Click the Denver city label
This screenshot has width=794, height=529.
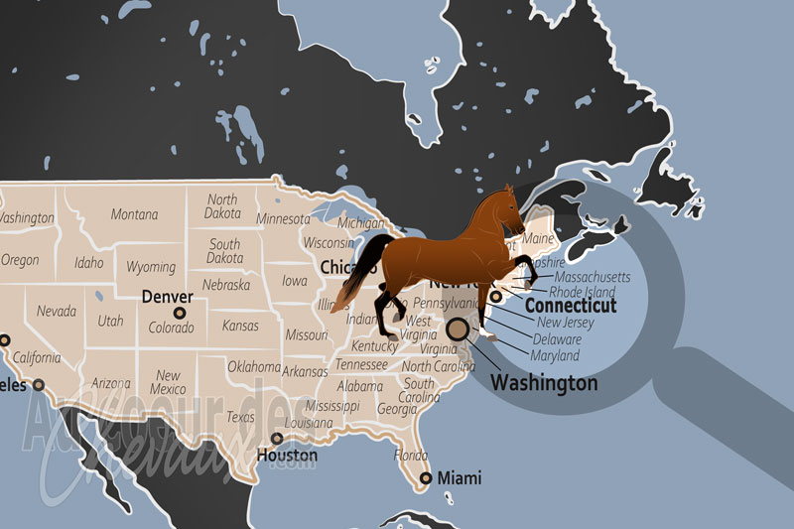pos(167,296)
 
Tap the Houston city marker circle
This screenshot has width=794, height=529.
pos(277,439)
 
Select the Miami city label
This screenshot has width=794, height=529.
pos(459,476)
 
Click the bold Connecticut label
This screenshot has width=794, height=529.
pos(570,306)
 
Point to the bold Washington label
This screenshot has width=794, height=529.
pos(545,382)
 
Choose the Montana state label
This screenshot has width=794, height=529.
pos(134,214)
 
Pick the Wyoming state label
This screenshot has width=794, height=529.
pos(151,267)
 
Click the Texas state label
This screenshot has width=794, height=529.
pos(240,417)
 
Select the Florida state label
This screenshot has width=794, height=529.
pos(410,456)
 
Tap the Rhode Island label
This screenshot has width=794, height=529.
pos(583,292)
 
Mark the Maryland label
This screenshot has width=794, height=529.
pos(555,355)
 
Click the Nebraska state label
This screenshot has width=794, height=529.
pos(225,285)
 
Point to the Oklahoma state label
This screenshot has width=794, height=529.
pos(255,365)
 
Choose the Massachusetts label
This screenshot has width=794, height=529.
pos(592,277)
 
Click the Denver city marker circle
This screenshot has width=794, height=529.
pos(181,313)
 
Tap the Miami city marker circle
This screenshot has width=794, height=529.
pos(426,478)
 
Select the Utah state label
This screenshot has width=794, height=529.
pos(110,321)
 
